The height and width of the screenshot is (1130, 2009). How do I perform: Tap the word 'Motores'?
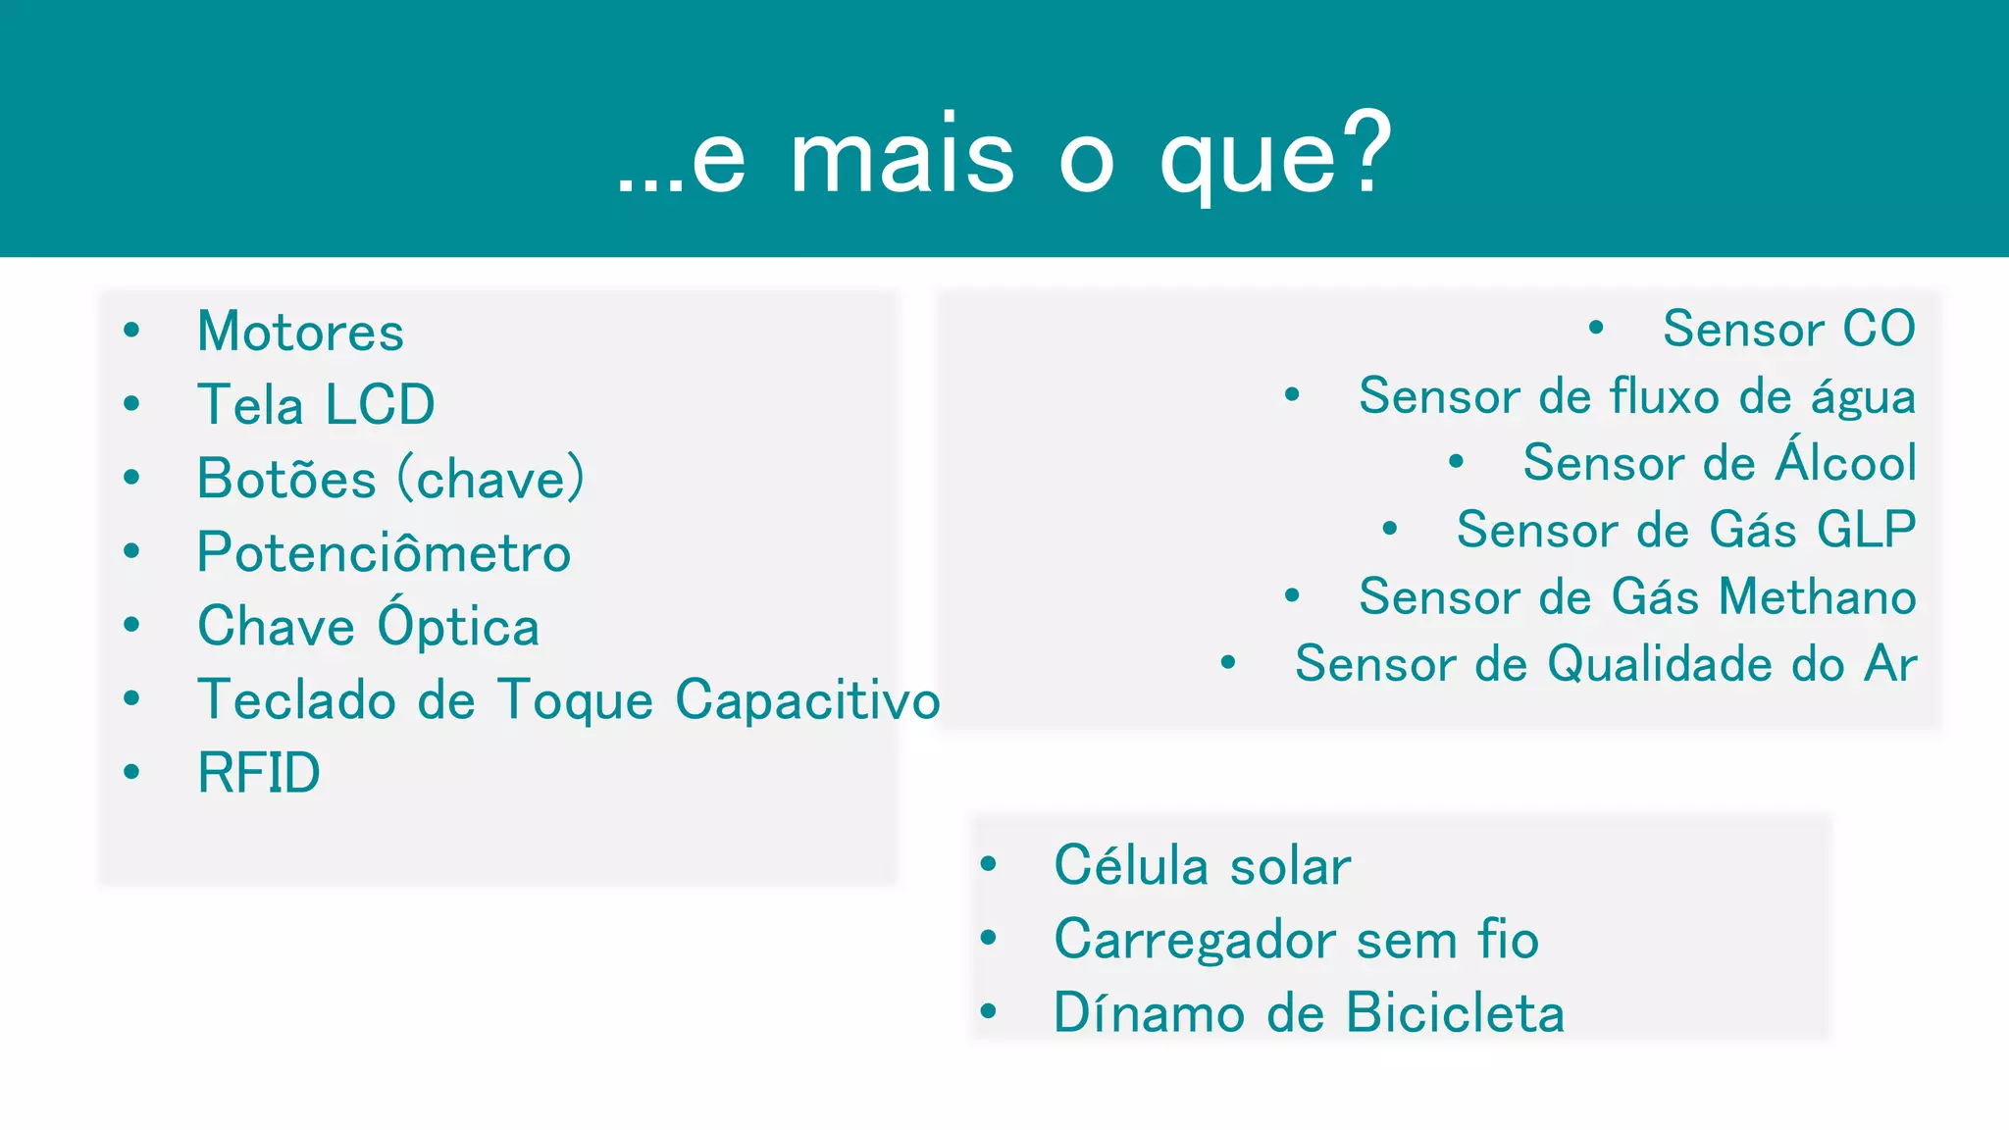point(300,332)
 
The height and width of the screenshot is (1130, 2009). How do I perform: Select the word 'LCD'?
point(380,404)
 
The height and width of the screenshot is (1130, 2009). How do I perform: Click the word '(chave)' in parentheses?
point(490,479)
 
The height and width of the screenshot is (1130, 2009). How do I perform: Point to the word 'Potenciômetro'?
point(384,552)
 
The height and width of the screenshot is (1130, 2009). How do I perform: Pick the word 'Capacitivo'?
point(807,700)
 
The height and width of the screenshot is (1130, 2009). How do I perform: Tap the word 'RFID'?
point(259,773)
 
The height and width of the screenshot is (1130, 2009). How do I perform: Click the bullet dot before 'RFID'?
point(131,772)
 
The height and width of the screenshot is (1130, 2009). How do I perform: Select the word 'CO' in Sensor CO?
point(1879,329)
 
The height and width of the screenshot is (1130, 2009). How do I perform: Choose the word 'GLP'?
point(1866,530)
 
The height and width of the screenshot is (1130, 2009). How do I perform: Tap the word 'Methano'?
point(1818,596)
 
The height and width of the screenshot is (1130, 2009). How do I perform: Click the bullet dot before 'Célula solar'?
point(988,864)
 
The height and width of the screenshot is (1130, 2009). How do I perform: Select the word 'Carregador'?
point(1195,940)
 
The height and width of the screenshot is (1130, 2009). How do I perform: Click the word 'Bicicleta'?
point(1455,1012)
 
